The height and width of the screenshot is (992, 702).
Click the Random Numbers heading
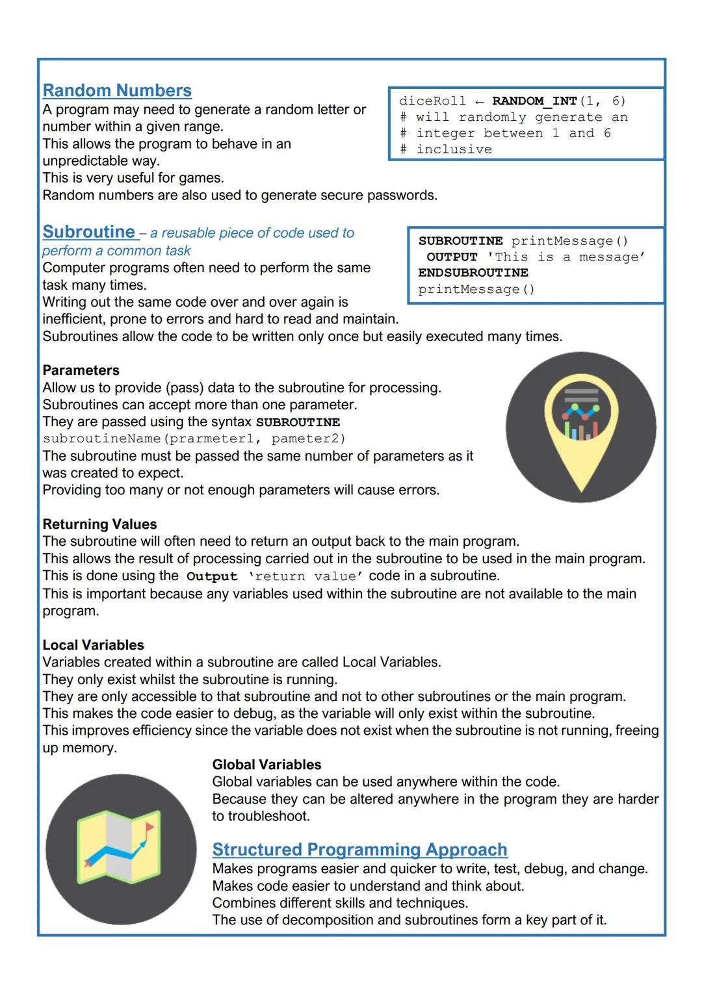(x=117, y=91)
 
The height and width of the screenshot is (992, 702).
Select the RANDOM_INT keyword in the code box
(x=534, y=101)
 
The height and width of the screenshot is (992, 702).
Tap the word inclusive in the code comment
(x=454, y=149)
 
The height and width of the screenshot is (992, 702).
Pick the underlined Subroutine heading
(x=89, y=232)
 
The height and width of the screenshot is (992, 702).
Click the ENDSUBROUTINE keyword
(x=473, y=273)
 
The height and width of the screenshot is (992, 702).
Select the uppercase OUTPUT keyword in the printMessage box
(x=452, y=257)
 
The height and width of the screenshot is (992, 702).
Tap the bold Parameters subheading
(x=81, y=370)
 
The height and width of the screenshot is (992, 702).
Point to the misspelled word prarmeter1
(x=211, y=439)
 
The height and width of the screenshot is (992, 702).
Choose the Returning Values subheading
(x=99, y=524)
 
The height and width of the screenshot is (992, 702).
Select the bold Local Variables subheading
(x=93, y=645)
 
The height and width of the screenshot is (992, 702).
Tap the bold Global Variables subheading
(x=266, y=765)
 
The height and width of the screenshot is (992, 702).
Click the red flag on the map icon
(x=149, y=827)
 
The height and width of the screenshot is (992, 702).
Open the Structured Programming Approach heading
(x=359, y=850)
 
